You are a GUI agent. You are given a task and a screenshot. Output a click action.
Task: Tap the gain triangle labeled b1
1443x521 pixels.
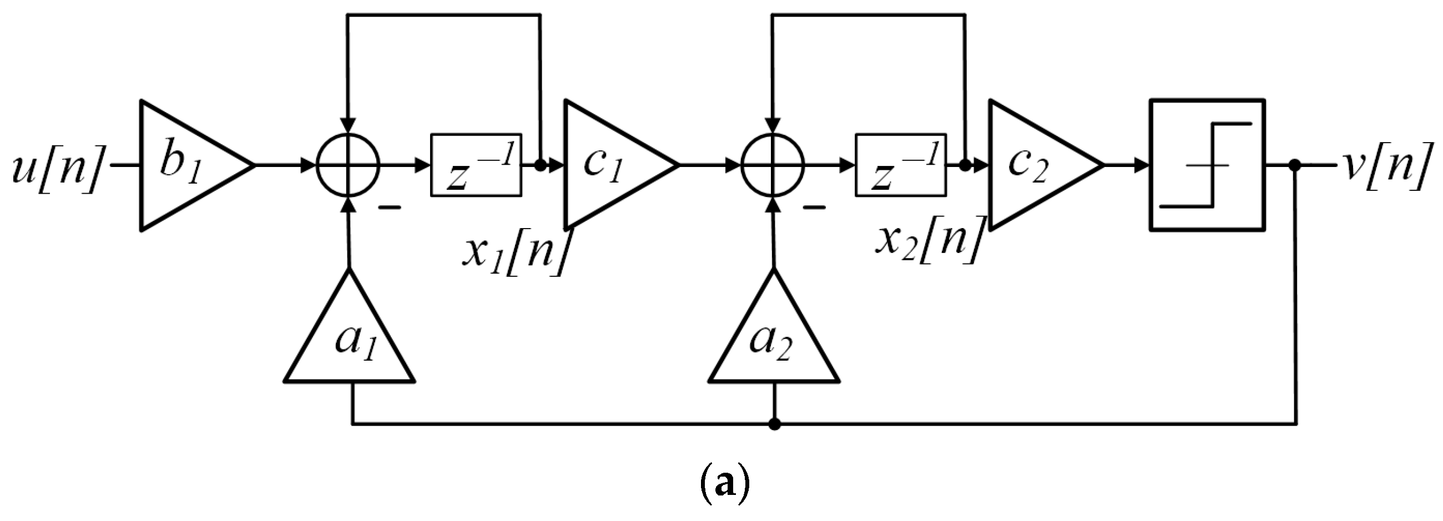click(185, 166)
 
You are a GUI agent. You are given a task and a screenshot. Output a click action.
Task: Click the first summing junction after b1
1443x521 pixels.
click(349, 165)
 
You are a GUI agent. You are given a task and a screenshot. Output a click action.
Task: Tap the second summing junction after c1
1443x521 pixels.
click(773, 165)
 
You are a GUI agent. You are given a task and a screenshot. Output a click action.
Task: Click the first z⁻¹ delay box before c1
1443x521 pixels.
click(476, 165)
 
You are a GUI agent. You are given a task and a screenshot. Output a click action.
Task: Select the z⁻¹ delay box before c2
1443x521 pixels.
click(901, 165)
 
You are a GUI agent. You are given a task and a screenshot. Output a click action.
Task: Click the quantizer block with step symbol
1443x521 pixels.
click(1208, 165)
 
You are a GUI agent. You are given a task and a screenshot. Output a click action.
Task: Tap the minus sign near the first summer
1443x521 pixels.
click(390, 209)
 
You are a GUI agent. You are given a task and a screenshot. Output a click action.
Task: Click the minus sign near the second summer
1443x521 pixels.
click(815, 209)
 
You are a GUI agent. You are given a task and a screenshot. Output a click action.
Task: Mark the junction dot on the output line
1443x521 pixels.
click(1295, 165)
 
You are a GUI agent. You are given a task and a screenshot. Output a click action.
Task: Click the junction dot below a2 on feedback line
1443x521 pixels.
click(774, 424)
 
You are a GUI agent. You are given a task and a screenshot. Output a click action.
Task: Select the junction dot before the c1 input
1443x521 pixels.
click(541, 165)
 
